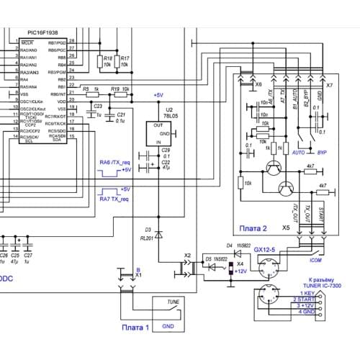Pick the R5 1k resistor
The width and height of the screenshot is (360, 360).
(x=91, y=94)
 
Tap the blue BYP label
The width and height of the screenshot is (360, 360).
(x=322, y=153)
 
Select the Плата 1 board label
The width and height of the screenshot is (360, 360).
(x=135, y=328)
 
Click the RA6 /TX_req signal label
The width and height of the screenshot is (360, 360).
(x=114, y=163)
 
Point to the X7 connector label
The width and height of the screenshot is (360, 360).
(x=329, y=85)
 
